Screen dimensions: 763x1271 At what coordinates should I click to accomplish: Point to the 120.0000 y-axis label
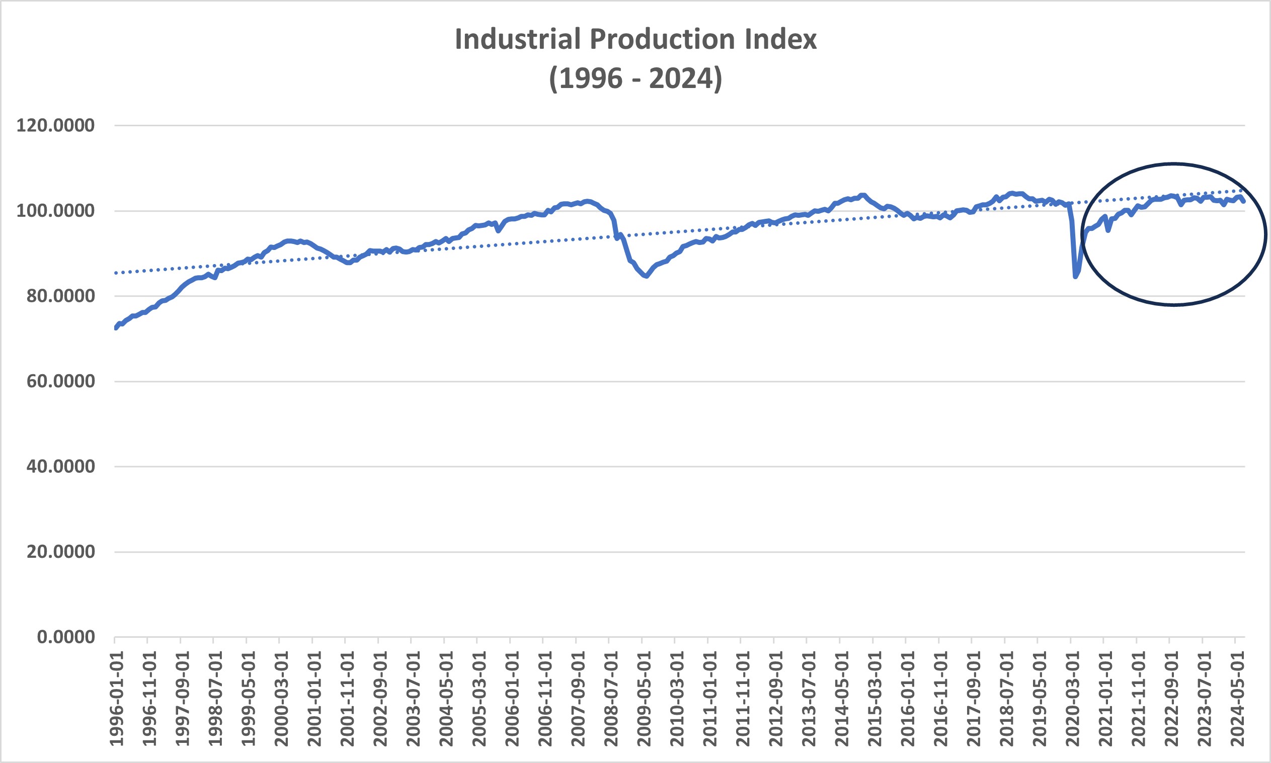(x=55, y=125)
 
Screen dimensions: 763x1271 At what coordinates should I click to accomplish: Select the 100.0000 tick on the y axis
(x=55, y=211)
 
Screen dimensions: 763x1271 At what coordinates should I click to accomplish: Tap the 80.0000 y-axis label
(x=61, y=296)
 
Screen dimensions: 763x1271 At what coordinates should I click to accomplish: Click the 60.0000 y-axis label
(x=61, y=381)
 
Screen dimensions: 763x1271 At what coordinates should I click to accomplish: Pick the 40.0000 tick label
(x=61, y=467)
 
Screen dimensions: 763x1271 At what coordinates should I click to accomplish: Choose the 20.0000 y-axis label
(x=61, y=552)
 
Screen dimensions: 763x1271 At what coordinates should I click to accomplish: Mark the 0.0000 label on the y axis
(x=66, y=638)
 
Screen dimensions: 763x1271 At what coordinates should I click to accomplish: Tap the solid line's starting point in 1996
(x=115, y=328)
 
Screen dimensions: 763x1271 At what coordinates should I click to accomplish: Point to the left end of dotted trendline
(x=116, y=273)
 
